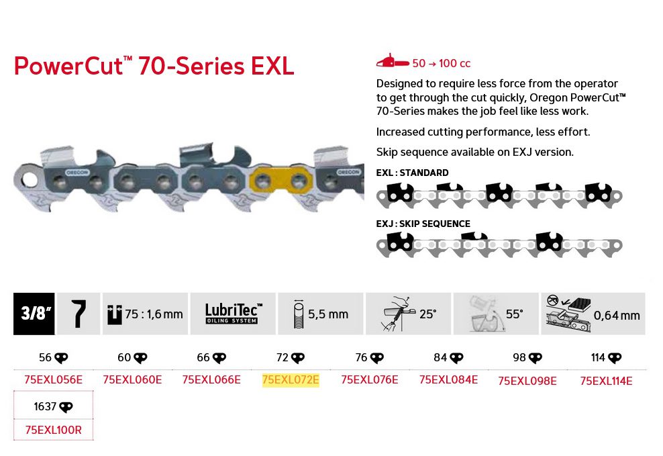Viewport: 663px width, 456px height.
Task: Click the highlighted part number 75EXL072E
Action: [291, 379]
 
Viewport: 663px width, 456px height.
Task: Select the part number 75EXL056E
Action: [53, 379]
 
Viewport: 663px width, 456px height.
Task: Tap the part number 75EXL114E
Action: [607, 381]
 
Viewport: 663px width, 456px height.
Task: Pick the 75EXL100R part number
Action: [53, 430]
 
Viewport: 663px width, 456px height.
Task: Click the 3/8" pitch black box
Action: [34, 314]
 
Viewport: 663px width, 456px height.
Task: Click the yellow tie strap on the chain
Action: [281, 182]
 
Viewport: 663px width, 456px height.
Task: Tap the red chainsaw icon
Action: [393, 62]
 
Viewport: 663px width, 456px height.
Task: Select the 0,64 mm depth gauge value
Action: [617, 315]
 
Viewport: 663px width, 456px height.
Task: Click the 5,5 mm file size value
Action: [328, 314]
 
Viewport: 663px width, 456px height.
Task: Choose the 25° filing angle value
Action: [428, 314]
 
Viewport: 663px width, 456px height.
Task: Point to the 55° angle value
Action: [515, 314]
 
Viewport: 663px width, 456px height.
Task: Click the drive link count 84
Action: [440, 357]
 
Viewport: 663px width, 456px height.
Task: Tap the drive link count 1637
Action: [45, 406]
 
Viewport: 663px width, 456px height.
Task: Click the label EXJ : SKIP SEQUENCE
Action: [423, 224]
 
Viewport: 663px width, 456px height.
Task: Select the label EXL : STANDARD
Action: [412, 173]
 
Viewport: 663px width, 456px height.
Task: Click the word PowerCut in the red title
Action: [69, 66]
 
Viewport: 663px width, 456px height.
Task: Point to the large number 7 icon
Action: [79, 314]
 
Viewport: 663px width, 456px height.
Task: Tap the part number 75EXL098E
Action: [527, 381]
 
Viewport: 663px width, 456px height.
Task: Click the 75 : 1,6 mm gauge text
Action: [154, 314]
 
